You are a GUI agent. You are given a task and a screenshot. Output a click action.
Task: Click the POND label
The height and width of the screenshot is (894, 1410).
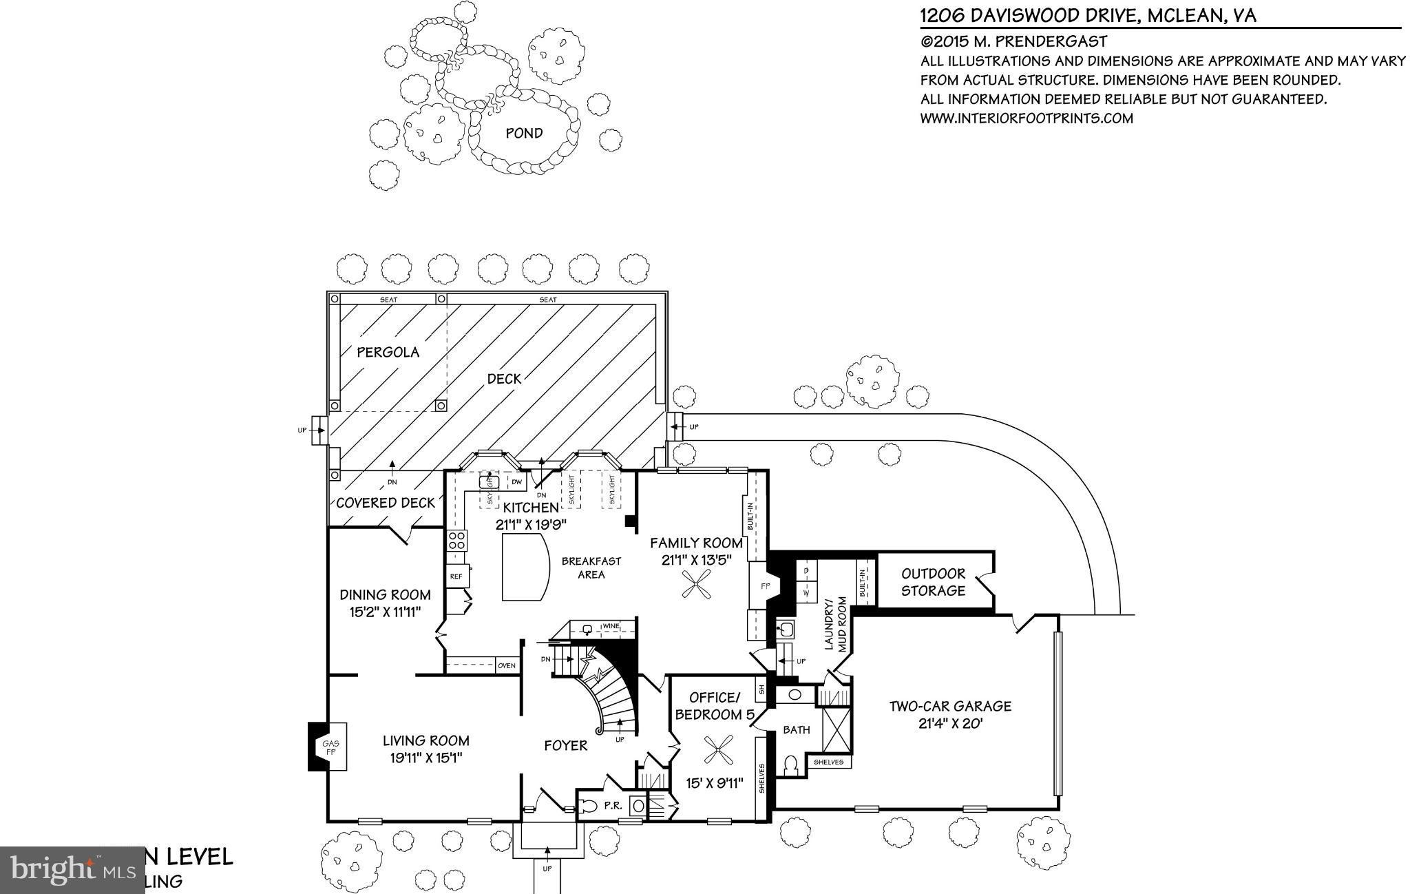pos(524,133)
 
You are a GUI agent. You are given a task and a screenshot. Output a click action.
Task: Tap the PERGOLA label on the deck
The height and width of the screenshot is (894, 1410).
pos(388,352)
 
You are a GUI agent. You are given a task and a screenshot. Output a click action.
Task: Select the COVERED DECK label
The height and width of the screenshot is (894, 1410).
pos(386,503)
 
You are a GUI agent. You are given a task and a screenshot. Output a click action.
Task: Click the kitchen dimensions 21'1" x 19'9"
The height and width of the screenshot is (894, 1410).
pos(530,524)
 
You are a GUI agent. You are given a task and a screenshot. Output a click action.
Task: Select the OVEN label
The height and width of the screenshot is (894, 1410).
pos(507,665)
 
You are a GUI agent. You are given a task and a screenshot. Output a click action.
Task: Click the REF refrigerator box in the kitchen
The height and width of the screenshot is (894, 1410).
pos(456,576)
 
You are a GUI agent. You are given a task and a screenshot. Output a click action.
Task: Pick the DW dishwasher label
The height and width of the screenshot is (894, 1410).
pos(517,481)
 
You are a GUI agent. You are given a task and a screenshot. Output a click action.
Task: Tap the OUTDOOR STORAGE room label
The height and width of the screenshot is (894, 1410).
pos(933,582)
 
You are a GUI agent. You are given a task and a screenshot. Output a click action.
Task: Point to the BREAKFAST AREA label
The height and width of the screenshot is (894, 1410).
pos(591,568)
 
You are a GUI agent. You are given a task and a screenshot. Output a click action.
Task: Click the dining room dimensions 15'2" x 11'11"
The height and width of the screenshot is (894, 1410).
pos(385,612)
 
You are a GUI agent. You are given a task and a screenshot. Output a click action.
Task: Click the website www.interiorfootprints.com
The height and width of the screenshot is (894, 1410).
pos(1027,118)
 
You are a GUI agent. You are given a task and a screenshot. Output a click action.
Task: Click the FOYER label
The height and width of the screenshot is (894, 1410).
pos(566,745)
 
